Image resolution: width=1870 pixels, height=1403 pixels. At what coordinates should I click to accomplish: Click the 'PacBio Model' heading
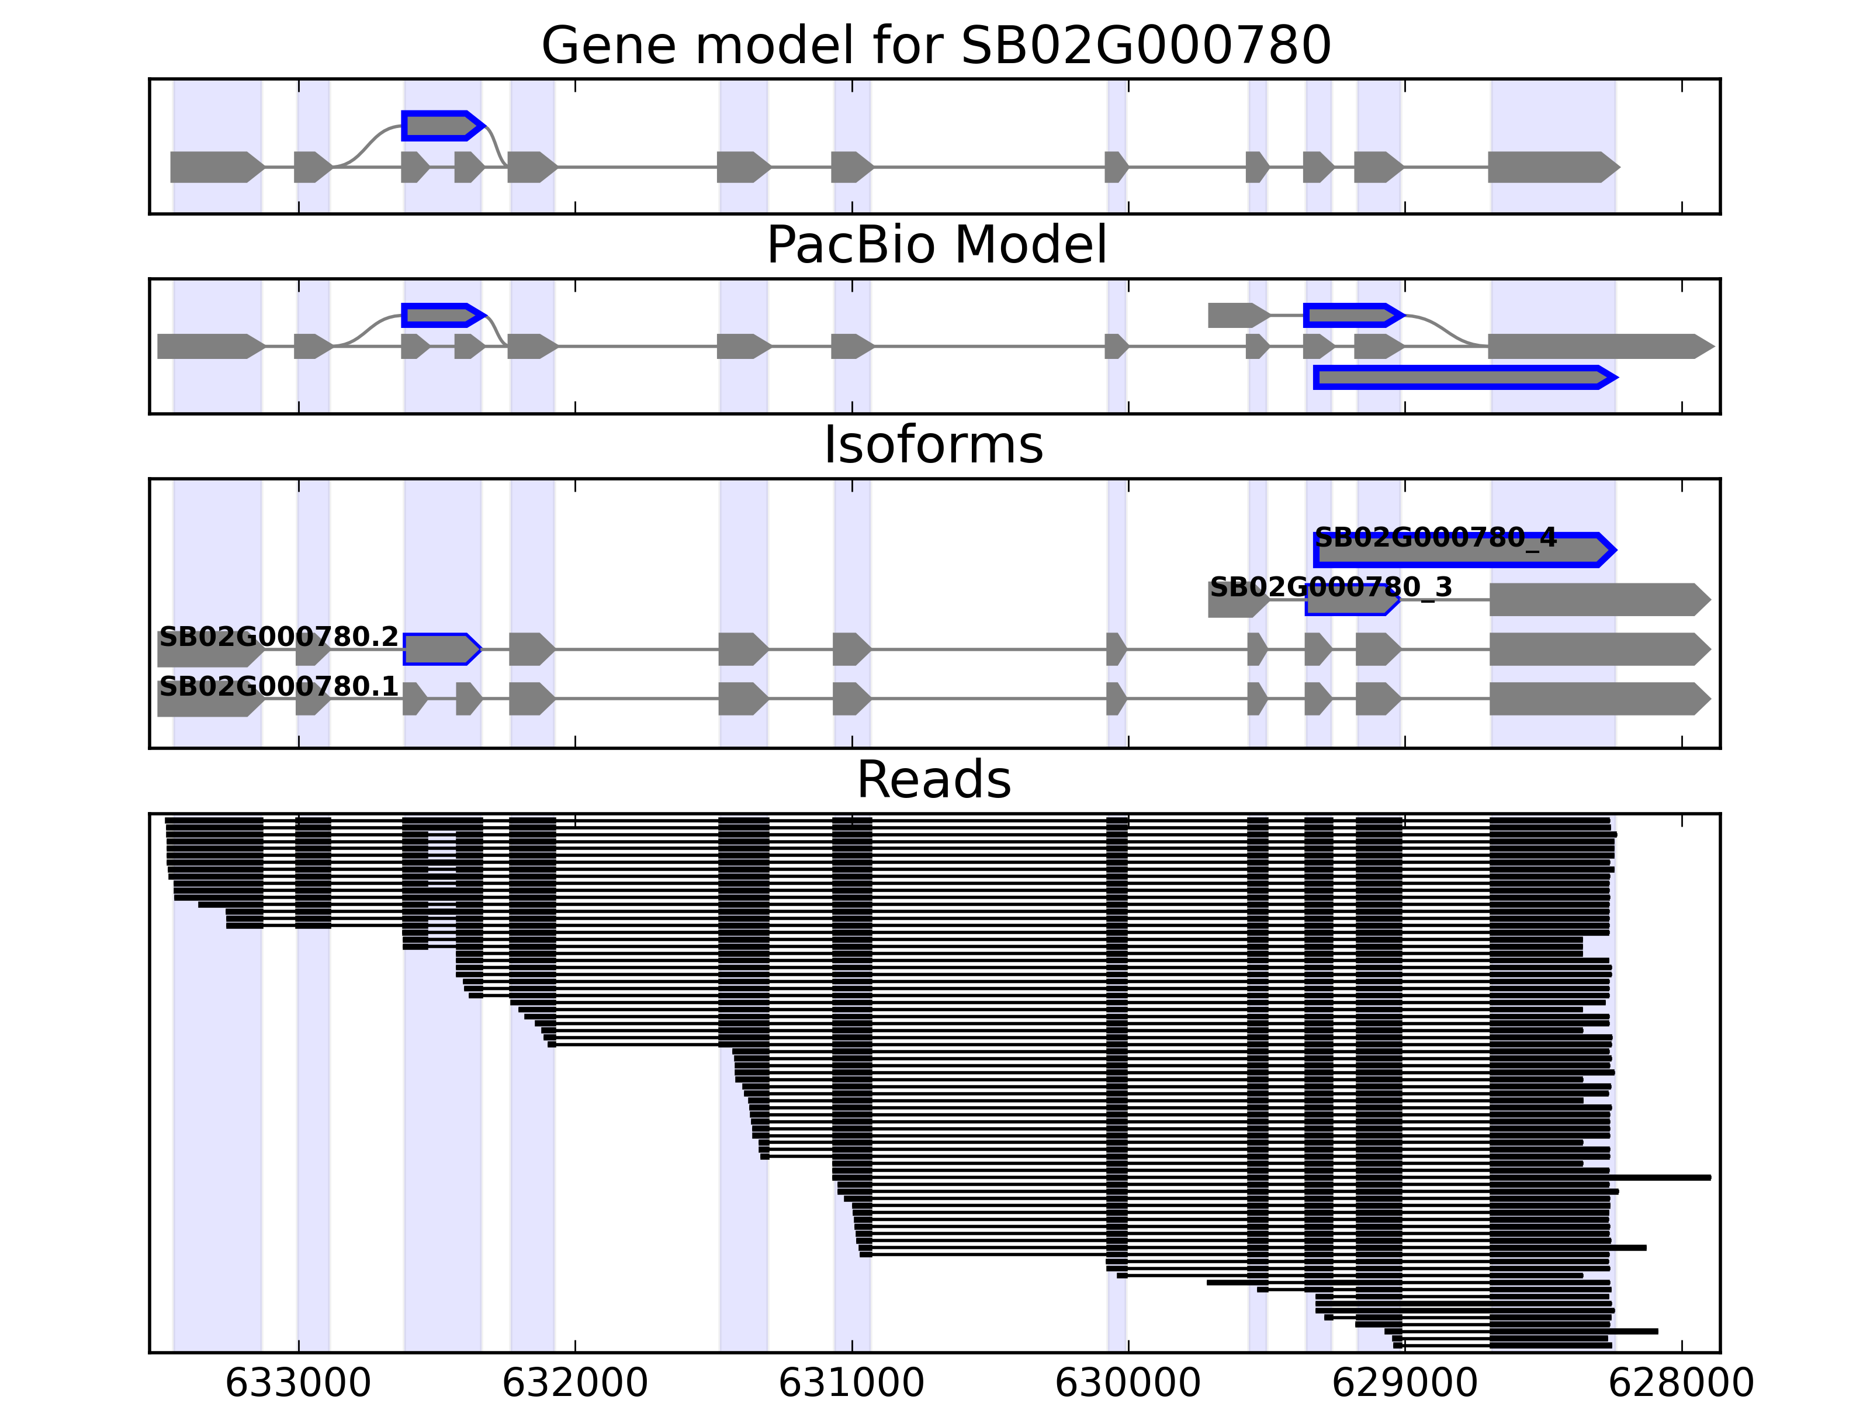click(x=936, y=246)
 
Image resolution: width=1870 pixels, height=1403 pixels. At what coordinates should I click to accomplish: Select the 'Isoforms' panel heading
click(x=933, y=445)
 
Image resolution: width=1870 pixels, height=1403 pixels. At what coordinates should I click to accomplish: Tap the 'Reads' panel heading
click(x=933, y=780)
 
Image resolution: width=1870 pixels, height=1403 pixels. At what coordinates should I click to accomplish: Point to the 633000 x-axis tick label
click(x=299, y=1383)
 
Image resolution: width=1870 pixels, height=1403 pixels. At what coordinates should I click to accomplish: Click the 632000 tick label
click(x=575, y=1383)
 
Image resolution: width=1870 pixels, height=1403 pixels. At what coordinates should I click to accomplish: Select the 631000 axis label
click(x=851, y=1383)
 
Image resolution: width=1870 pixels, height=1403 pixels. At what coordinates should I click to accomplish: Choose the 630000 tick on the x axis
click(x=1128, y=1383)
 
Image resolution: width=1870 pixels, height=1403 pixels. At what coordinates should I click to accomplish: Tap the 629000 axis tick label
click(x=1405, y=1383)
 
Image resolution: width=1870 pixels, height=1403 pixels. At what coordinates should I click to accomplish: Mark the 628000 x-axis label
click(x=1681, y=1383)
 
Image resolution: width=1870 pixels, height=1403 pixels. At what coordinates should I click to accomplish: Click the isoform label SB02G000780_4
click(x=1435, y=538)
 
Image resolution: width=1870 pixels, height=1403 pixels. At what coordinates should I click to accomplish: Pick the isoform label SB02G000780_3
click(x=1331, y=587)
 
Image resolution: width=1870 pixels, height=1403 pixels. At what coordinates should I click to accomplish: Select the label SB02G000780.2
click(x=278, y=637)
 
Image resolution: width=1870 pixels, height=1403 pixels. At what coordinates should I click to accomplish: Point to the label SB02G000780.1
click(x=278, y=686)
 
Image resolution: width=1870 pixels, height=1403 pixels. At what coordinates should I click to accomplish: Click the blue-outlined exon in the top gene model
click(x=441, y=126)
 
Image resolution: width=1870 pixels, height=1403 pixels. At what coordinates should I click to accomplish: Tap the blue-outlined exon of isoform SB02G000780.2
click(x=441, y=649)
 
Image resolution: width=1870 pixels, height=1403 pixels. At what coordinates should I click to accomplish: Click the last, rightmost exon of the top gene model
click(x=1552, y=167)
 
